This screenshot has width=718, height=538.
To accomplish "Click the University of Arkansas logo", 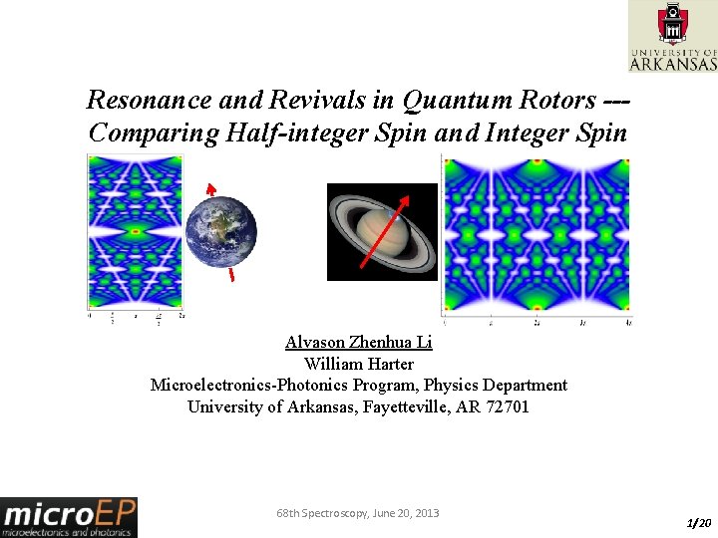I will click(x=672, y=36).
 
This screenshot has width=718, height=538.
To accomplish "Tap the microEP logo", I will click(x=69, y=516).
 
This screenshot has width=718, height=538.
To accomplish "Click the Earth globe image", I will click(x=221, y=232).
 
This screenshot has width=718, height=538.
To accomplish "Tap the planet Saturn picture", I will click(x=382, y=232).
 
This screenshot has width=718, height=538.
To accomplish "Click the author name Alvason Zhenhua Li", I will click(x=359, y=342).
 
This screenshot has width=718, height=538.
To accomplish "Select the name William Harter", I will click(x=359, y=364).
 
